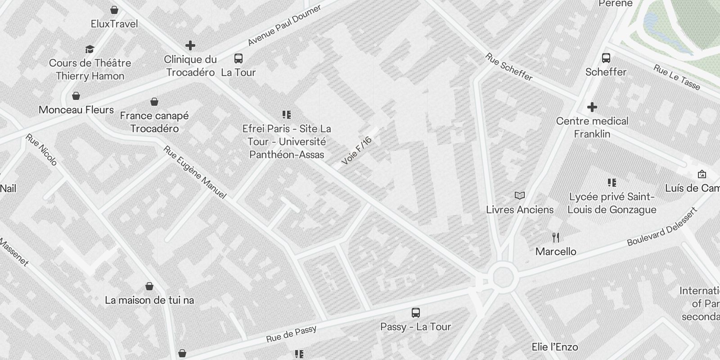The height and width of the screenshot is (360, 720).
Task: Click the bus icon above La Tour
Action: (x=238, y=58)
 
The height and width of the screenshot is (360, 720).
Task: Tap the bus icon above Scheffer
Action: (x=606, y=58)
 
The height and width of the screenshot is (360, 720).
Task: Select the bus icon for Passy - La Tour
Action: (x=416, y=313)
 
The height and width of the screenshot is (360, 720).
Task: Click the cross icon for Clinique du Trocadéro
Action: (x=190, y=45)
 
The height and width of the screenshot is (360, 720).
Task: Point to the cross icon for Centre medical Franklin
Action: (x=592, y=107)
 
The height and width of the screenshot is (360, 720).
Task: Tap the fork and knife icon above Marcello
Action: (x=556, y=238)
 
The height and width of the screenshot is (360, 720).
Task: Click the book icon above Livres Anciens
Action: (x=520, y=196)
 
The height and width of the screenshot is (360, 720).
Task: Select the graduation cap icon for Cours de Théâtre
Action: (x=90, y=49)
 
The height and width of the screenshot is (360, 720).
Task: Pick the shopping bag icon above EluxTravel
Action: (x=114, y=10)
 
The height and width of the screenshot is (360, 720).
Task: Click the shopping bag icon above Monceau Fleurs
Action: (x=76, y=96)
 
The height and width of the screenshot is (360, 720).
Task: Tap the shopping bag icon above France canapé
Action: (x=154, y=102)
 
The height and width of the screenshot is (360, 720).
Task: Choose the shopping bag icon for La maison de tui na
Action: (x=149, y=286)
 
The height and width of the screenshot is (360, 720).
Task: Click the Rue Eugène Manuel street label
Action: (x=194, y=172)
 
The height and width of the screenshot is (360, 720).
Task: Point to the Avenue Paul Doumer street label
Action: (x=284, y=25)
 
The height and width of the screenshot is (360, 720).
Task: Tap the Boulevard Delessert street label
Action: (x=662, y=227)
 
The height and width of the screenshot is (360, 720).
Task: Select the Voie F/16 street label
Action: (x=357, y=150)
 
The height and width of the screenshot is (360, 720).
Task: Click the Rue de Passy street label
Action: (x=291, y=333)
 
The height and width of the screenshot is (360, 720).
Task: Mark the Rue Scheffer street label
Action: (x=508, y=67)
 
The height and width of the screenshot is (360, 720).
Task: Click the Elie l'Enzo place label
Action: (x=555, y=347)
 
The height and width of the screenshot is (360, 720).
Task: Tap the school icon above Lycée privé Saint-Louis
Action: (x=612, y=183)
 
